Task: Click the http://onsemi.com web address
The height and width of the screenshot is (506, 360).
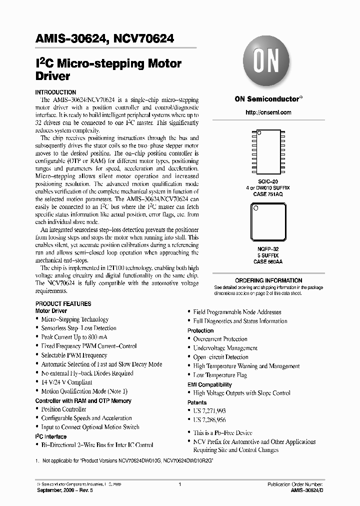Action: click(x=268, y=112)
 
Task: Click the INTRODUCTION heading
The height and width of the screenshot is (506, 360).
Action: click(x=55, y=92)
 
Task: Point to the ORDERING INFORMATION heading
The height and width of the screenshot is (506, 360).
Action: click(x=268, y=280)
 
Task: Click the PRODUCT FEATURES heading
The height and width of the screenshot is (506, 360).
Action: click(x=63, y=303)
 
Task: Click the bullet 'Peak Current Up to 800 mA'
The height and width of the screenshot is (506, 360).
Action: click(x=74, y=337)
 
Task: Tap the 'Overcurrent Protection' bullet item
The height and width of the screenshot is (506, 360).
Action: click(x=220, y=339)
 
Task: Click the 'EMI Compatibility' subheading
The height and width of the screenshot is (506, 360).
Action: click(x=209, y=384)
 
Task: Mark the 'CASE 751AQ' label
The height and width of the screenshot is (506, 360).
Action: click(x=268, y=194)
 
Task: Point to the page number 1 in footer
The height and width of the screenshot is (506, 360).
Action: click(x=179, y=484)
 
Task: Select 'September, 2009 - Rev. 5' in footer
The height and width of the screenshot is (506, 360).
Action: click(x=65, y=490)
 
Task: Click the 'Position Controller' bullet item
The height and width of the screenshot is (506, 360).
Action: click(x=63, y=409)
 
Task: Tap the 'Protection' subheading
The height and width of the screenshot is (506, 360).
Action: click(x=200, y=330)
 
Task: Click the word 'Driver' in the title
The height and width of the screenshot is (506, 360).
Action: click(x=52, y=76)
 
